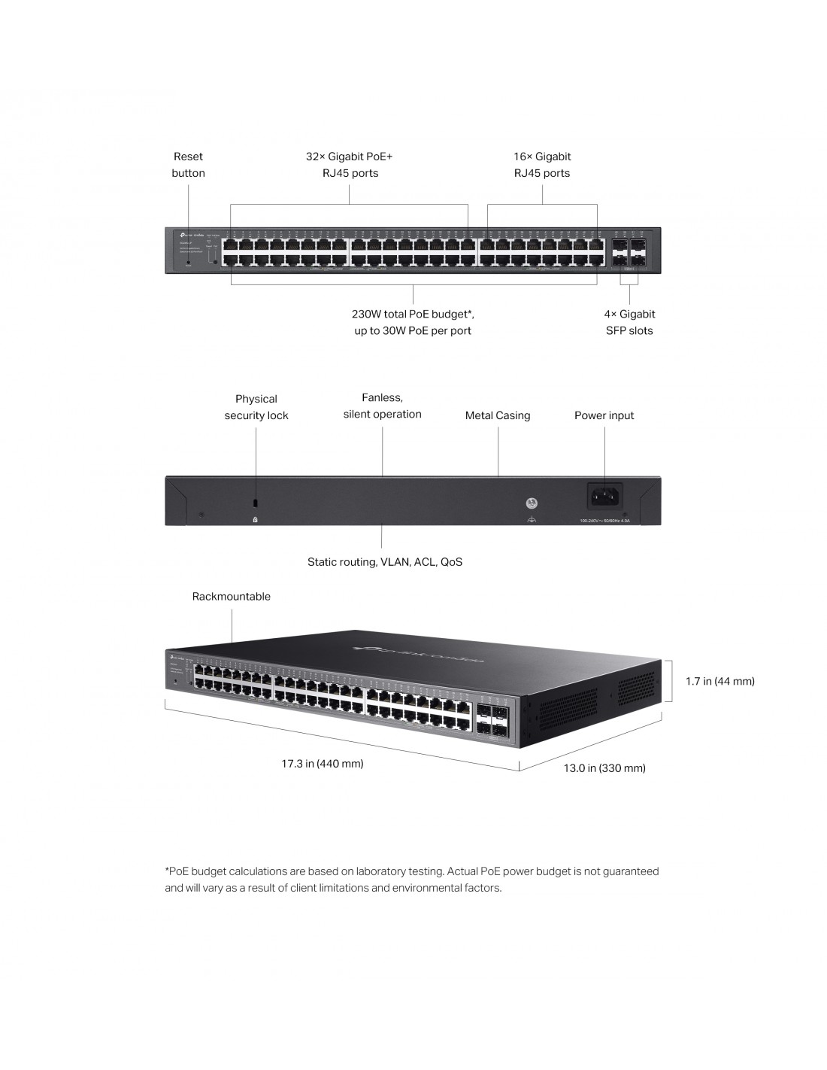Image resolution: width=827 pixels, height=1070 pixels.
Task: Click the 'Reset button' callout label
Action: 188,165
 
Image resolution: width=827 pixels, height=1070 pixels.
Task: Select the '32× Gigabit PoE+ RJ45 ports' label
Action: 349,165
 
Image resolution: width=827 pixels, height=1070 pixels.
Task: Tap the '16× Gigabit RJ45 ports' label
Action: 542,165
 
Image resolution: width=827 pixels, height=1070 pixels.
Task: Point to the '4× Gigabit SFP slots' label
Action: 629,322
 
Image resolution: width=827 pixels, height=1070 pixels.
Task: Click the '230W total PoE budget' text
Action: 413,315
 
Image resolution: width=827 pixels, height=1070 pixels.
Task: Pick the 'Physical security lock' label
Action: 256,407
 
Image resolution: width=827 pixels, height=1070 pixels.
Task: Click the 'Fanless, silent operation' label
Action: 382,406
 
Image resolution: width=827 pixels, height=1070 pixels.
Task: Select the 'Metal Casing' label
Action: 498,415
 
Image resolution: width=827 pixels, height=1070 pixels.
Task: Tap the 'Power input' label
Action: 604,415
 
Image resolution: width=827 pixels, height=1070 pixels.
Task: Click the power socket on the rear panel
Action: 605,496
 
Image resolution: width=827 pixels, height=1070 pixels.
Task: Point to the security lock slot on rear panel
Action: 256,503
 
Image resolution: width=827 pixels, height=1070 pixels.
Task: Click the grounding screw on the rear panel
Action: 532,503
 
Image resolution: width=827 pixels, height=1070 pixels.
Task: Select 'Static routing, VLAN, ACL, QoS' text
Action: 385,562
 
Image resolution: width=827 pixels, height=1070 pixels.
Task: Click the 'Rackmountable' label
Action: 231,597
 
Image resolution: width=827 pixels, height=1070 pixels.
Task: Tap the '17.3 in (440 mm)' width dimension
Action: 323,764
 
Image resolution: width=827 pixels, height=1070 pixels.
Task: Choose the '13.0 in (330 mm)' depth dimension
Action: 604,768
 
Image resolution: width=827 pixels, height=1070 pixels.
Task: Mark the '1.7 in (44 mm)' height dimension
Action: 719,682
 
